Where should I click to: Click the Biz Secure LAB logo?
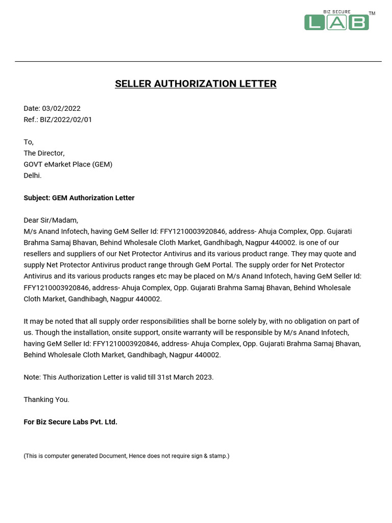(336, 21)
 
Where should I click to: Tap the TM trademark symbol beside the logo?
(372, 13)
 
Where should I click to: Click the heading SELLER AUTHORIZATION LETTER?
(195, 84)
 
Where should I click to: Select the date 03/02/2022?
(61, 108)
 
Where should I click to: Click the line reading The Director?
(44, 153)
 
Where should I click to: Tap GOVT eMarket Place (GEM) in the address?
(68, 164)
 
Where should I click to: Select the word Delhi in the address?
(32, 176)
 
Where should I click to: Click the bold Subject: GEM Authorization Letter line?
(79, 198)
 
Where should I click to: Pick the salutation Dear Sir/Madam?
(51, 220)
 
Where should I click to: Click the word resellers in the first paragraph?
(39, 254)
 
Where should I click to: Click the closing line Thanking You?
(46, 399)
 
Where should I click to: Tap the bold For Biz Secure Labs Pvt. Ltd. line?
(70, 422)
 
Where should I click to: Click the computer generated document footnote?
(127, 456)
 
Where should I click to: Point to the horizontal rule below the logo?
(198, 62)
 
